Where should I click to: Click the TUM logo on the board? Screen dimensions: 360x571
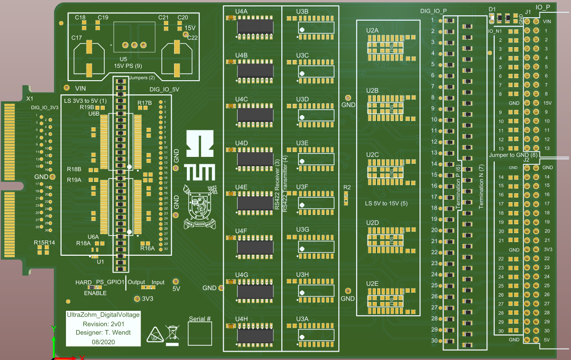click(200, 156)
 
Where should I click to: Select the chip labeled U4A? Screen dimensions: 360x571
click(255, 26)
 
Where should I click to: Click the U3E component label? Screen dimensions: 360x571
click(302, 143)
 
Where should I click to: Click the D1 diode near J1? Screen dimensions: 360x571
click(500, 19)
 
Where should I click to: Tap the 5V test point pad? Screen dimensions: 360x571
click(176, 281)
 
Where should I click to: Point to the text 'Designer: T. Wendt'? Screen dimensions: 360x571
click(103, 332)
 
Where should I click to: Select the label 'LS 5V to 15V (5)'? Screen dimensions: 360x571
click(386, 203)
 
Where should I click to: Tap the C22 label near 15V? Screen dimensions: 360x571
click(192, 37)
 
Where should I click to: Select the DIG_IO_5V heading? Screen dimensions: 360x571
click(164, 90)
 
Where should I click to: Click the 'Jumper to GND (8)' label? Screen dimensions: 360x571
click(514, 155)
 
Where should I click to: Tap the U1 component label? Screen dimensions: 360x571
click(100, 262)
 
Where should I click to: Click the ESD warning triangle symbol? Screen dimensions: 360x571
click(155, 334)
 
